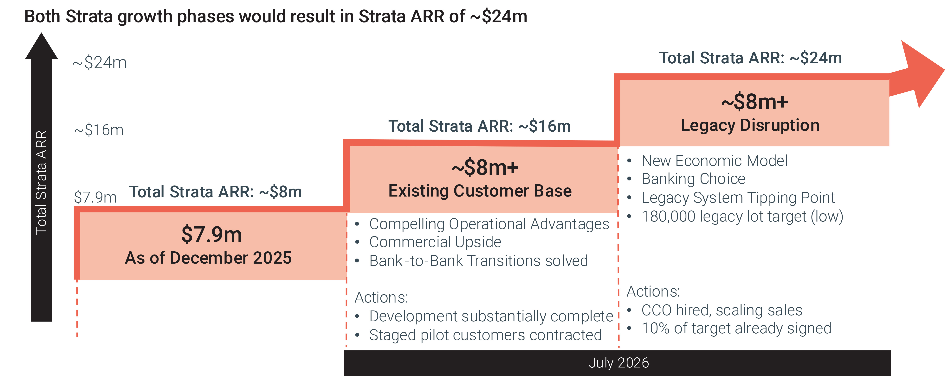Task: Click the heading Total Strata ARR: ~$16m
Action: click(x=479, y=126)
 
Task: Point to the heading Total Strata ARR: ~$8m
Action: click(x=215, y=192)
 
